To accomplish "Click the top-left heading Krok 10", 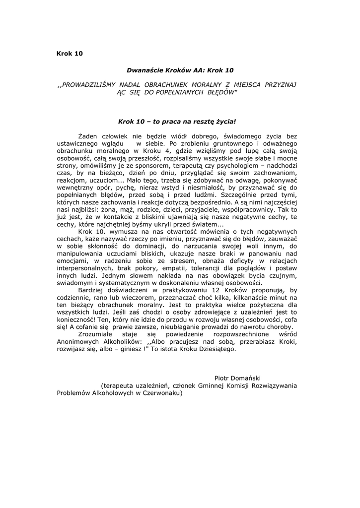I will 70,54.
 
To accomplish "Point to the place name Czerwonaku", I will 162,394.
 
